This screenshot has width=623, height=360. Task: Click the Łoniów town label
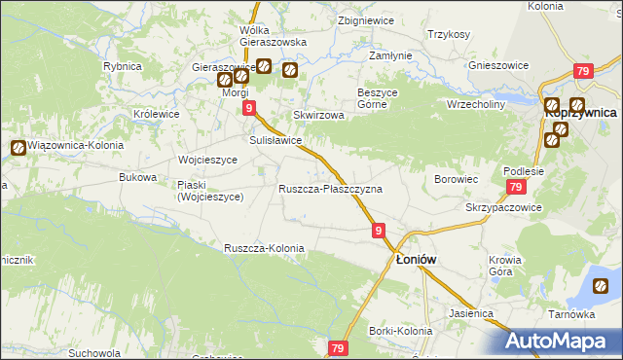[x=416, y=260]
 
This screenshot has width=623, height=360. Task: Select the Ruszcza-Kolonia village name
[x=264, y=248]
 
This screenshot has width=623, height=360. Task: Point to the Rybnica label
[x=123, y=66]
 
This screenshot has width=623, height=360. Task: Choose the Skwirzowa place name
[x=319, y=115]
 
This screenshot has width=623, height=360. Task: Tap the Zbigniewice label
[x=366, y=19]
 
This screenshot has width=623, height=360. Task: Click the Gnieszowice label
[x=498, y=65]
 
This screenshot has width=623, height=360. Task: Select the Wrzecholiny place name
[x=474, y=103]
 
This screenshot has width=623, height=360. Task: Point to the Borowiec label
[x=455, y=179]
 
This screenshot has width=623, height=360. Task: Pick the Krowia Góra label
[x=506, y=266]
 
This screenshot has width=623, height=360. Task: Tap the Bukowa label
[x=137, y=177]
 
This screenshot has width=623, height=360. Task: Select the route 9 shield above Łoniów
[x=379, y=231]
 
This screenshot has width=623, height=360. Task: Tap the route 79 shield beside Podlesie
[x=516, y=188]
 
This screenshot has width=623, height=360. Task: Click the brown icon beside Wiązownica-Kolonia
[x=18, y=148]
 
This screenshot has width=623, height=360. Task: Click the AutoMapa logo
[x=564, y=341]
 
